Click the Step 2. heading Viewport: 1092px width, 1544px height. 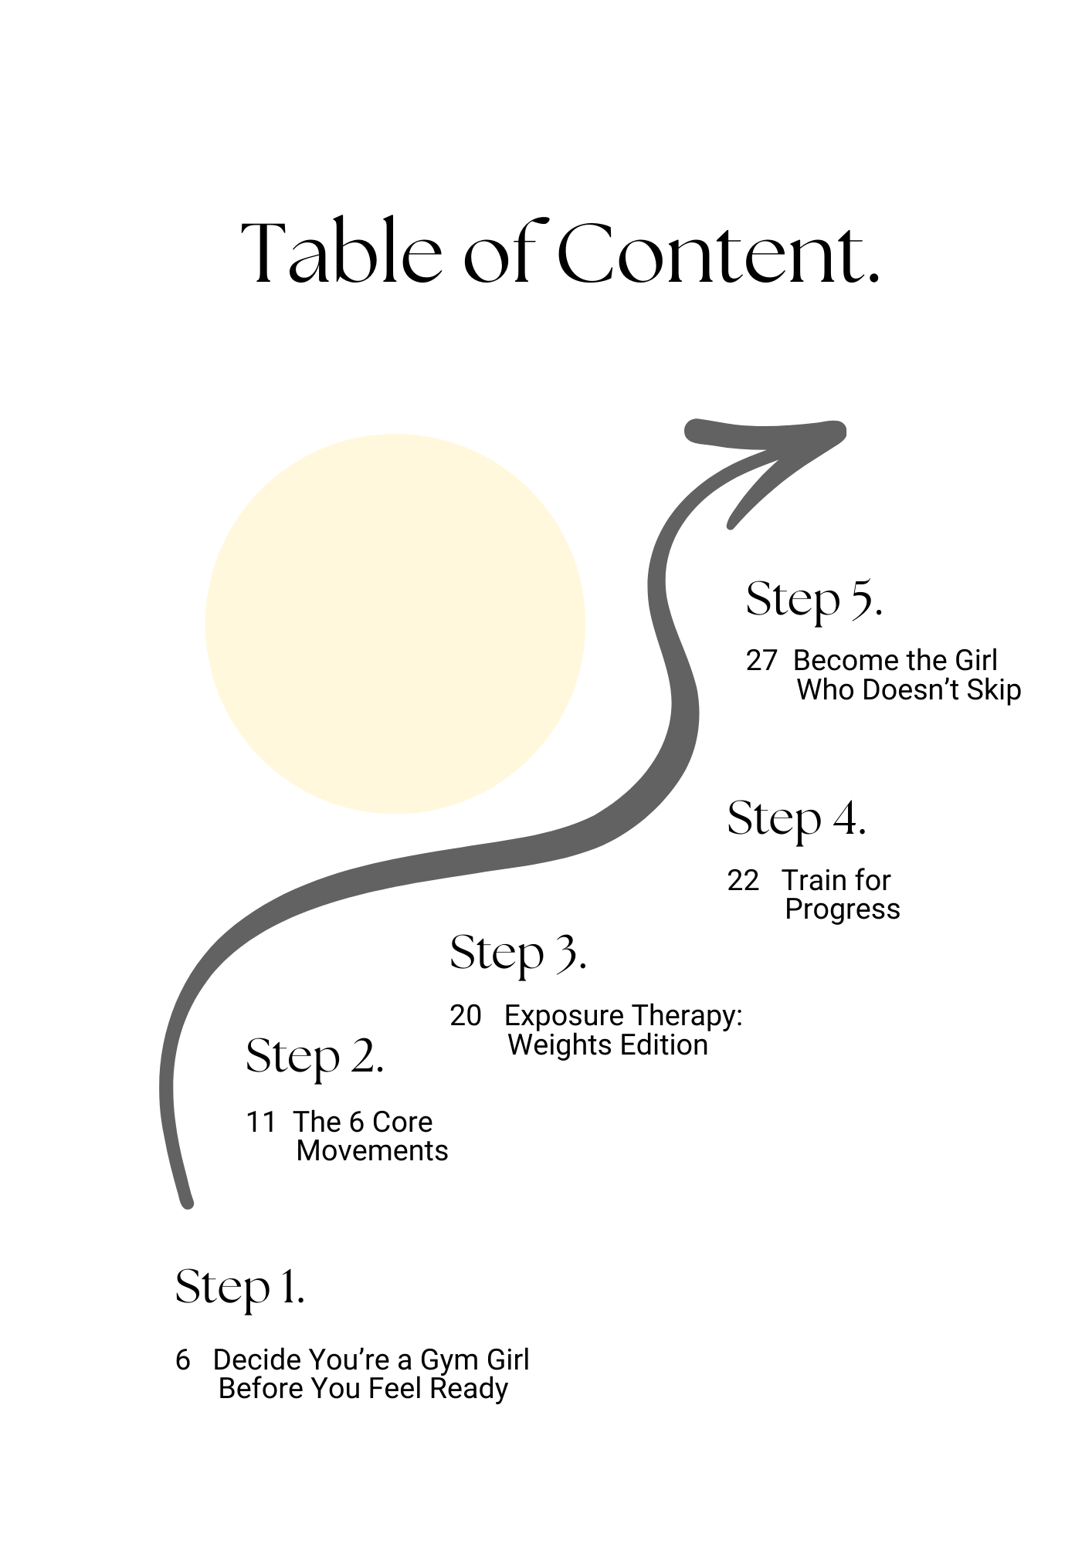(314, 1056)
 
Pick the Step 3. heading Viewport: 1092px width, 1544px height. (518, 953)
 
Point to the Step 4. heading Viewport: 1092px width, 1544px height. (796, 819)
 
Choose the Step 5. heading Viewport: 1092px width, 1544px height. (814, 600)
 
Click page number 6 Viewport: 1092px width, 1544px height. (183, 1359)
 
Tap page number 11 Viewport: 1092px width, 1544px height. (261, 1122)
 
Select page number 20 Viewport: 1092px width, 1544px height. (466, 1016)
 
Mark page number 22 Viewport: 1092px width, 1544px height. (744, 881)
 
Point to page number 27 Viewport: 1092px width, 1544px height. (761, 661)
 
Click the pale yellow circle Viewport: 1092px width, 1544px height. (395, 624)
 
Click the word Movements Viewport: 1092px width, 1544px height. (372, 1151)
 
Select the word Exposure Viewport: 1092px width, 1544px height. (556, 1016)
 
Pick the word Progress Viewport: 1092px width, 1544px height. (843, 910)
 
